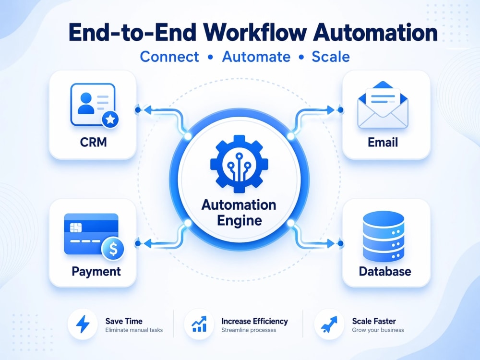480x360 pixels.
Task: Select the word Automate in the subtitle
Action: click(256, 57)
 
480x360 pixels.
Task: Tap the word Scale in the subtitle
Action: click(331, 57)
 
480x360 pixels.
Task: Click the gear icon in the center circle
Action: click(239, 164)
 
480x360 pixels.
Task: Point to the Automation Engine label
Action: click(239, 213)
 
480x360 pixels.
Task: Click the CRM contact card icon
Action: click(94, 105)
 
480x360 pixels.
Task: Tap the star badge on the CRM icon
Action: click(110, 120)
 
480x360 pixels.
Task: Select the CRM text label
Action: click(94, 143)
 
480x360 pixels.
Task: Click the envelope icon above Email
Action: click(383, 105)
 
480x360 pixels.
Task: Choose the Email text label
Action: click(383, 143)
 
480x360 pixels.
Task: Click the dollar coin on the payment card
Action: click(113, 249)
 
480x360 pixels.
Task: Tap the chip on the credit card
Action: click(76, 228)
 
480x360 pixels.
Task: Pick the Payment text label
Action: click(96, 272)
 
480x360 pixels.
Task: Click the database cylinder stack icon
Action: click(383, 236)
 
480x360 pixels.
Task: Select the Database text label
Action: click(385, 272)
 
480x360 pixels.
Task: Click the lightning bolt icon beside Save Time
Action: click(83, 324)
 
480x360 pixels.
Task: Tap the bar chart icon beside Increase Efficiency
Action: click(199, 324)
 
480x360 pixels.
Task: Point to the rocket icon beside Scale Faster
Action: click(329, 324)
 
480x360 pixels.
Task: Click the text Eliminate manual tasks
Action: click(134, 330)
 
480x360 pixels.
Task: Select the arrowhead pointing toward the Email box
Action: click(331, 110)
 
